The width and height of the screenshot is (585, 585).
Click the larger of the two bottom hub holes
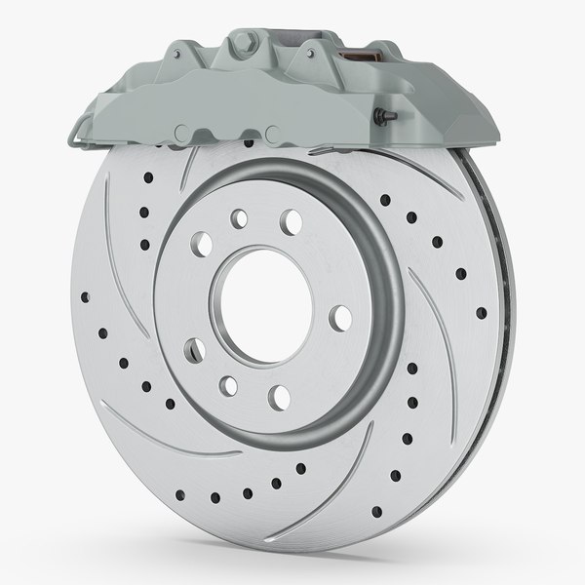tap(278, 395)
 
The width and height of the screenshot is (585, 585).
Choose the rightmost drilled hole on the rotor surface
tap(481, 313)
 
